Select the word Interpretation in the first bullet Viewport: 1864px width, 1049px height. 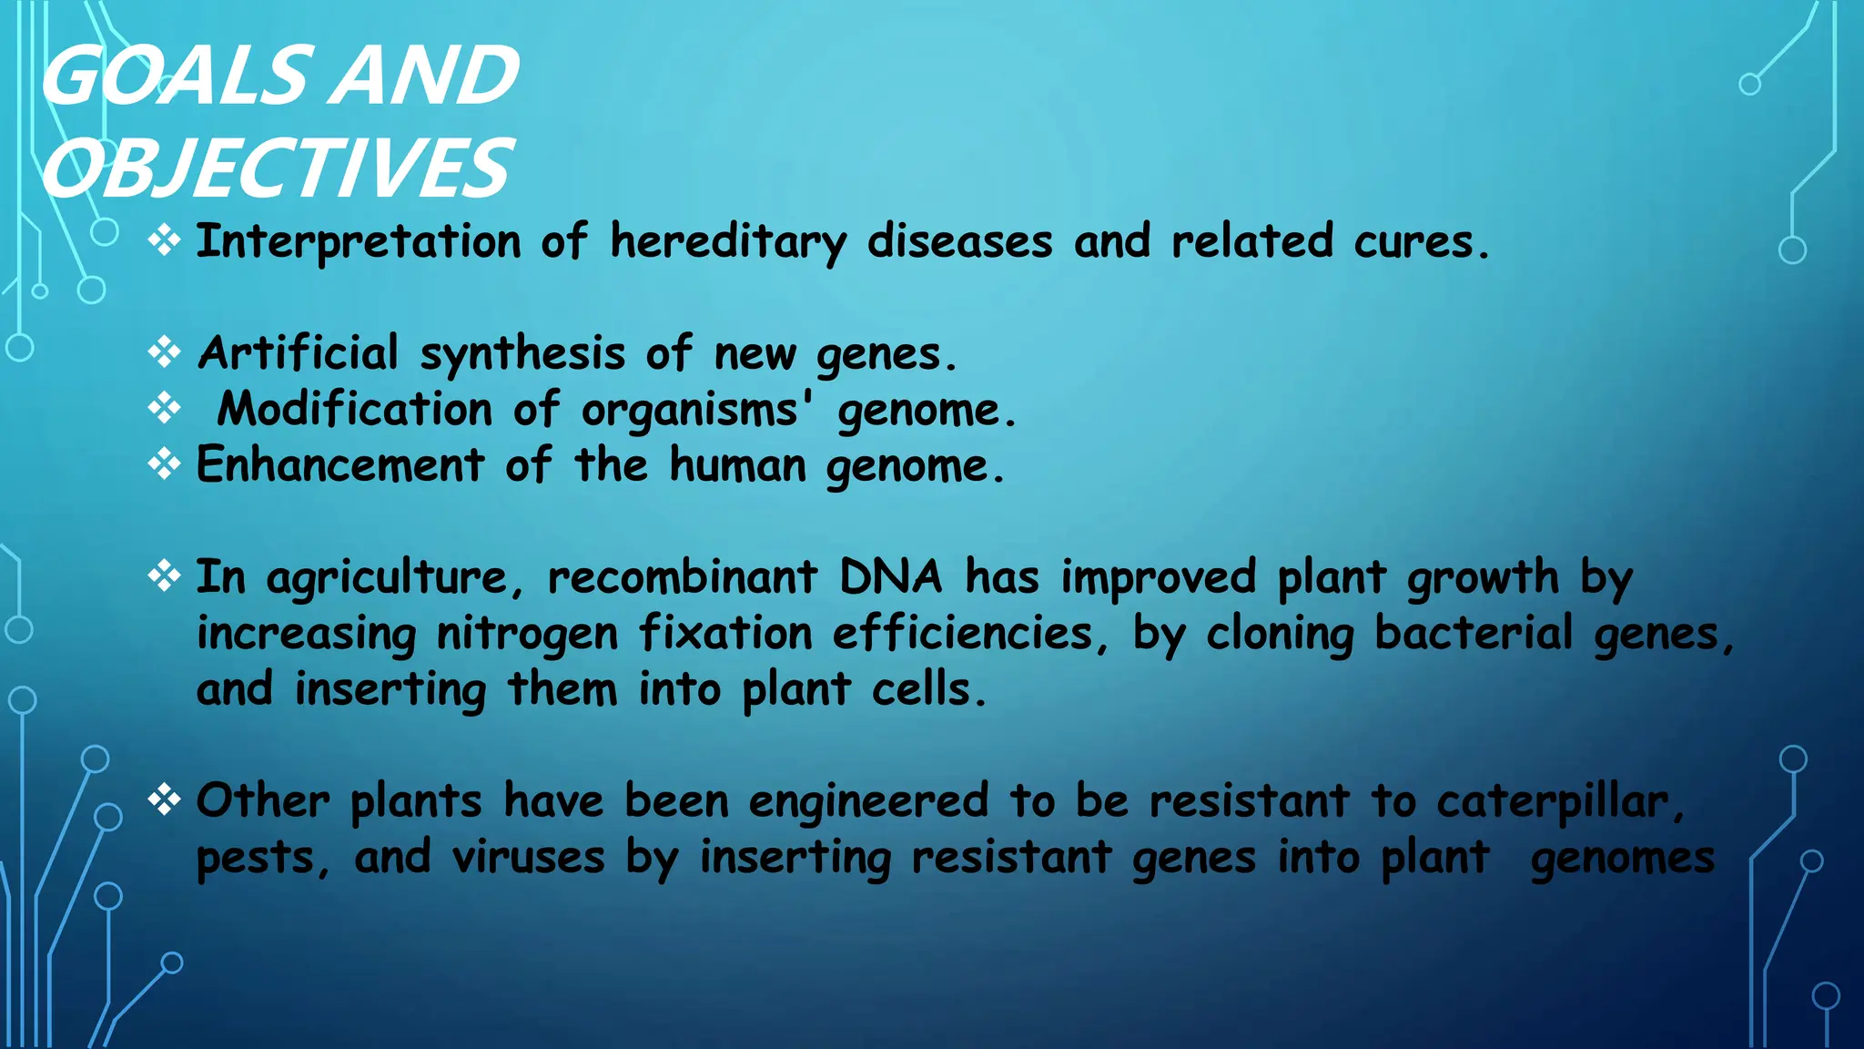[x=359, y=242]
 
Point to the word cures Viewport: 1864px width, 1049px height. [x=1420, y=242]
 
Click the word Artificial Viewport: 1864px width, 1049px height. [x=299, y=353]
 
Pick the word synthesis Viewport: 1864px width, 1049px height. [x=522, y=355]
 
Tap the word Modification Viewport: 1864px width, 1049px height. [x=354, y=410]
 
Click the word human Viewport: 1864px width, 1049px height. [x=737, y=465]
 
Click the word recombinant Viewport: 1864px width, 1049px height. [x=682, y=577]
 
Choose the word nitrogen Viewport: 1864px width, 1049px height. [x=527, y=635]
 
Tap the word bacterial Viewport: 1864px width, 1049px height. [x=1474, y=633]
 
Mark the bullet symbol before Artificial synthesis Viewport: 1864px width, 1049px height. [x=164, y=351]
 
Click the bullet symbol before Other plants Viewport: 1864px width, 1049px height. [x=164, y=799]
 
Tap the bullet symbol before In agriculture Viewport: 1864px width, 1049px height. [x=164, y=575]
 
